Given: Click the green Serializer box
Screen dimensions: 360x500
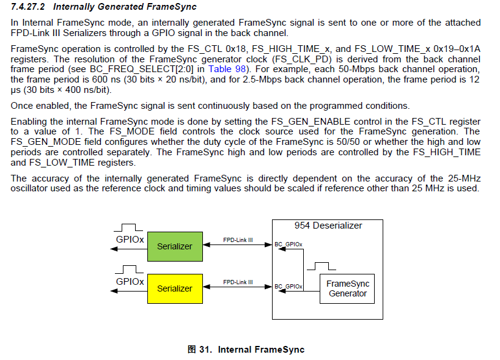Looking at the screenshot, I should point(174,246).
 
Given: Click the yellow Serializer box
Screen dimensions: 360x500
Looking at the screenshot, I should point(174,288).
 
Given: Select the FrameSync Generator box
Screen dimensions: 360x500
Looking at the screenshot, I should point(348,288).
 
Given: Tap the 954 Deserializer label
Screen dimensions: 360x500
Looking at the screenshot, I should point(328,226).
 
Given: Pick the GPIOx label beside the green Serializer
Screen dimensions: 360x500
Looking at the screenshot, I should point(130,239).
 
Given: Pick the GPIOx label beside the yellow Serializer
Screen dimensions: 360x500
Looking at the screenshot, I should point(130,282).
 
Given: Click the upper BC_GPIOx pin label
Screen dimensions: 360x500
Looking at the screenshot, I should point(289,244).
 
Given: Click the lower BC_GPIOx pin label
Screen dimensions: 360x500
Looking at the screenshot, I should point(289,286).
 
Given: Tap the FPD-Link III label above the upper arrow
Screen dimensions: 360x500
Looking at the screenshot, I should point(238,240).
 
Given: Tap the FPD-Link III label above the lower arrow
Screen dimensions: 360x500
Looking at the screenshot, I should point(238,282).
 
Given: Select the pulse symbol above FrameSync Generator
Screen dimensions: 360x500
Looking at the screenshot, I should point(322,266).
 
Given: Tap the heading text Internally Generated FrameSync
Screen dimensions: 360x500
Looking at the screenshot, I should point(125,7).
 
